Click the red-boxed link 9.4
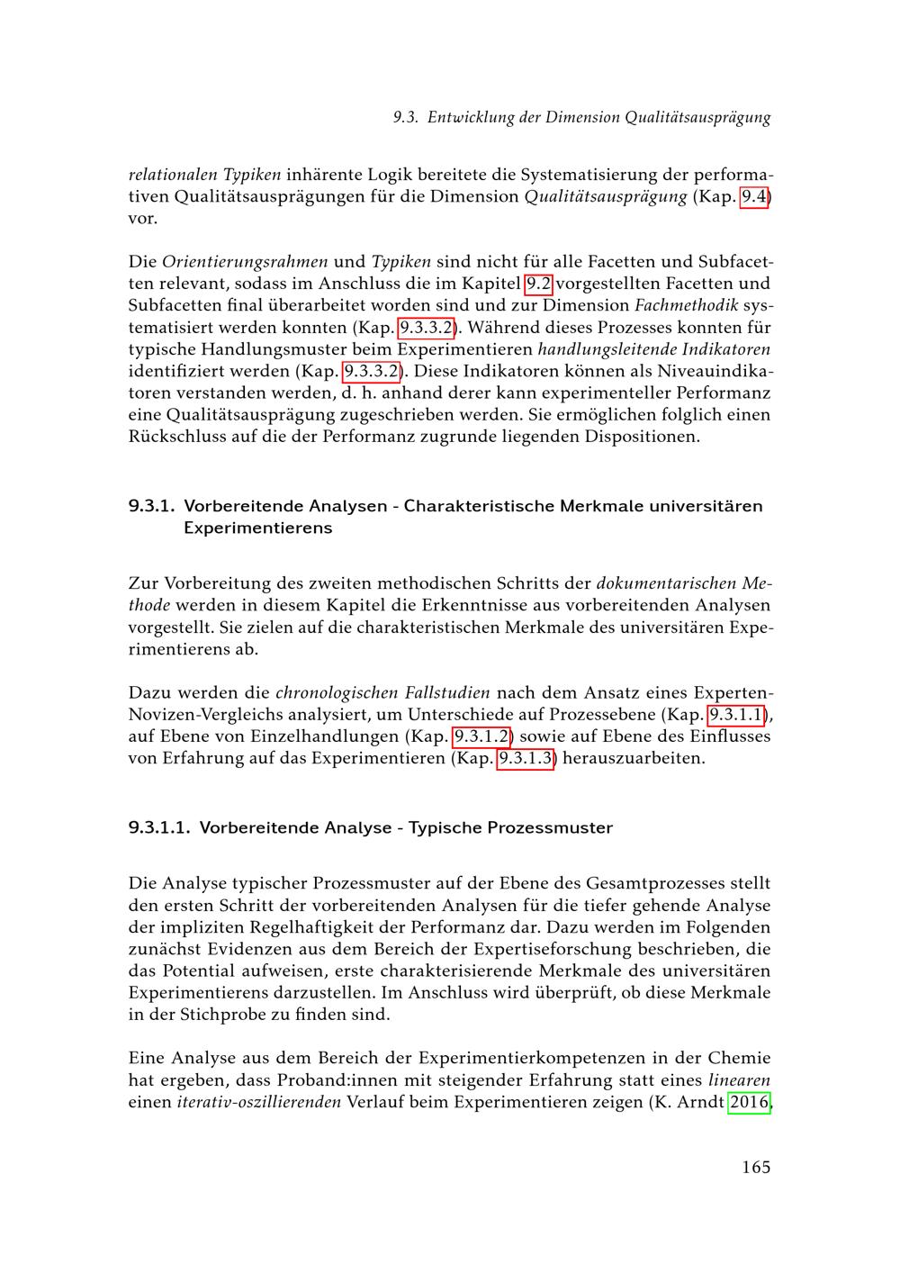point(754,196)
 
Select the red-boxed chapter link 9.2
point(538,284)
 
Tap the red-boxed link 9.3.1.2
point(481,736)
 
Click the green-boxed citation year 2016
point(749,1102)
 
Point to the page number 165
point(756,1168)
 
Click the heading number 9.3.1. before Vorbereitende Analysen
point(151,506)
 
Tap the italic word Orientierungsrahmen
point(245,263)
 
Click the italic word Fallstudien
point(447,693)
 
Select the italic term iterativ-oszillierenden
point(259,1102)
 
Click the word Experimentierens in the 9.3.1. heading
point(257,528)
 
